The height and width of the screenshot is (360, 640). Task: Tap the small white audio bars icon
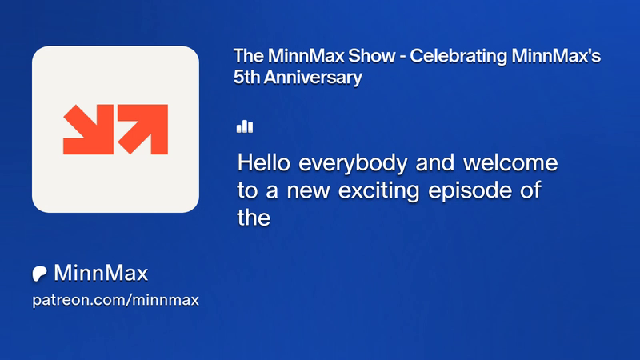click(x=245, y=127)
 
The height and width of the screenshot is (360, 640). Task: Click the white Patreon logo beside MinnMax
click(x=39, y=274)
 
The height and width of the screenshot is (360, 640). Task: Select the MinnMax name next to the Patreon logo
click(x=101, y=273)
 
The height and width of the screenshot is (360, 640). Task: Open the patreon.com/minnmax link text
click(x=115, y=300)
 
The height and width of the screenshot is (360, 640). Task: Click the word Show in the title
click(x=371, y=56)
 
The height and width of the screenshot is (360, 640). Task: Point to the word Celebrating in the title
click(x=458, y=56)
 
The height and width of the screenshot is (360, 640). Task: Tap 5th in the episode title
click(x=246, y=77)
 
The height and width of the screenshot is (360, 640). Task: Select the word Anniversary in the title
click(x=313, y=78)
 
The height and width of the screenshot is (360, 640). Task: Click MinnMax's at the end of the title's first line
click(x=556, y=56)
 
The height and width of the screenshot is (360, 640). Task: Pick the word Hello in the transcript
click(x=264, y=162)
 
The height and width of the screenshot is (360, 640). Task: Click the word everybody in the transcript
click(x=353, y=164)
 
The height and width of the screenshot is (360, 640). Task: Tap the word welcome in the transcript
click(x=510, y=162)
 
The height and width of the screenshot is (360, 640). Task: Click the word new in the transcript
click(x=308, y=191)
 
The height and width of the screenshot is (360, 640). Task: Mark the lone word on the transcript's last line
click(x=254, y=218)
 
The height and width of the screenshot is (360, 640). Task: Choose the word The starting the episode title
click(x=249, y=56)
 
